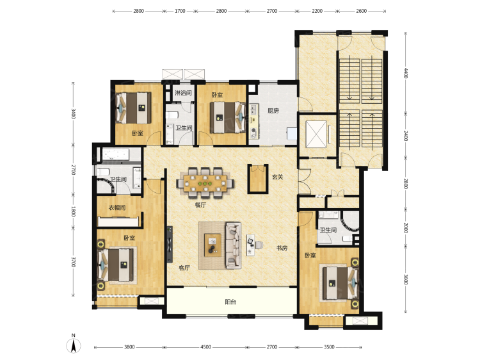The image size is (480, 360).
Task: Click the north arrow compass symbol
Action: point(74,345)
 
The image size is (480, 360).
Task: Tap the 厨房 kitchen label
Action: point(273,111)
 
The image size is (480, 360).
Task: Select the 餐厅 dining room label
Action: point(200,205)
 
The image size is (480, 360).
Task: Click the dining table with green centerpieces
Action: point(205,183)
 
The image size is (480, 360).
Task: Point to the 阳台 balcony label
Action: point(230,302)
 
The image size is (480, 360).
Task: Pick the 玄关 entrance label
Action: point(278,177)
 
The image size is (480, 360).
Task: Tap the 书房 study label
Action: point(282,248)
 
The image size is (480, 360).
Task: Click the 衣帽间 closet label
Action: point(117,208)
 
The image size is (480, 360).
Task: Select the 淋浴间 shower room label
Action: point(183,93)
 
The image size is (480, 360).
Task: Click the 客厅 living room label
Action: point(184,268)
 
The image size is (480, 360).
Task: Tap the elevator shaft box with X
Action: point(316,134)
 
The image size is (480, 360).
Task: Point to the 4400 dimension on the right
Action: point(406,73)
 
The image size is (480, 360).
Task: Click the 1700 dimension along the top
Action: point(180,11)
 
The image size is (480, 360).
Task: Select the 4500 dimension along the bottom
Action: point(205,347)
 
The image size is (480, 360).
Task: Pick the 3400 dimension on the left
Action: point(73,113)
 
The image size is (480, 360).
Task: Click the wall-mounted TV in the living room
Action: point(170,245)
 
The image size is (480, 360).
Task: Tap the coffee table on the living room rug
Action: point(212,245)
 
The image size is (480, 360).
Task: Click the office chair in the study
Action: point(259,245)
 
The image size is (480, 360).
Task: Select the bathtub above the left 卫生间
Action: point(115,155)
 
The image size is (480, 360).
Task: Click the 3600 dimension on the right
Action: point(406,279)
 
